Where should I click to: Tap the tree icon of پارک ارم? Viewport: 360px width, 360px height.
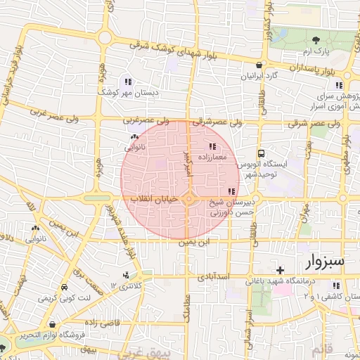coord(316,40)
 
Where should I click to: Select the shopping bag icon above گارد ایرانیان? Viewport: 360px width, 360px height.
coord(258,65)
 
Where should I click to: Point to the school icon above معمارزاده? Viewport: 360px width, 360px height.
coord(213,147)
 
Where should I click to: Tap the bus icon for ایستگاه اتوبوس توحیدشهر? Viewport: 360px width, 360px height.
coord(262,153)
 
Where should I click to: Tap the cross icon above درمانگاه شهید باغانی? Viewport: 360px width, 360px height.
coord(280,270)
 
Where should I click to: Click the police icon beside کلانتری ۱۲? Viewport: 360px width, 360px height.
coord(126,275)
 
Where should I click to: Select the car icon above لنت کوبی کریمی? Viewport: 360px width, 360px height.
coord(64,288)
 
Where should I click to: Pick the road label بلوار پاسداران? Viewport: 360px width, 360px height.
coord(300,68)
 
